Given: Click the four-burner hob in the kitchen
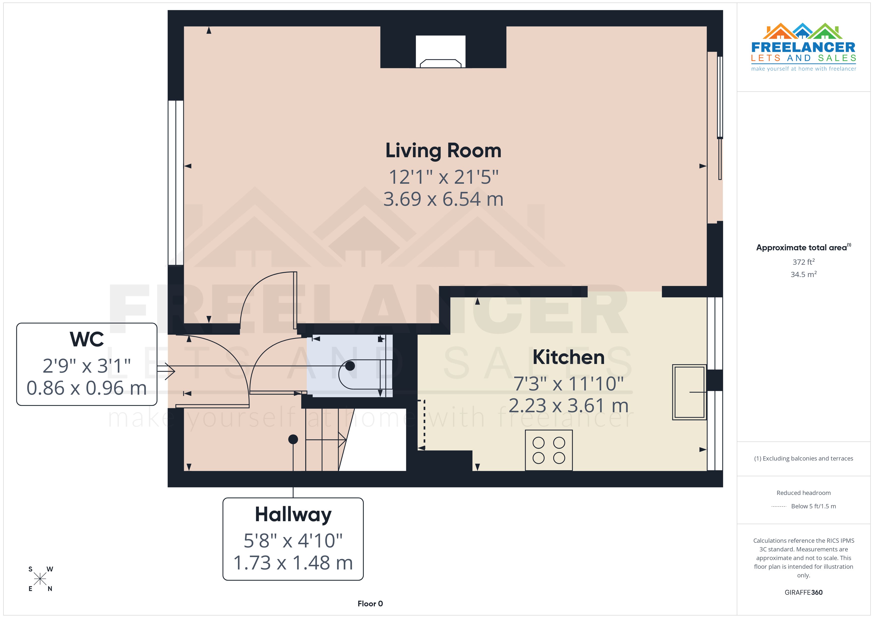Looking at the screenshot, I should point(548,450).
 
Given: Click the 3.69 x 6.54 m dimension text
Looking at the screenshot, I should point(443,199).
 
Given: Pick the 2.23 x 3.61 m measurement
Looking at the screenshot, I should point(568,406).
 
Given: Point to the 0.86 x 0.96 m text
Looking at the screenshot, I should point(87,388).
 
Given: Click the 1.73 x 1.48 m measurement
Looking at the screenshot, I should point(293,563).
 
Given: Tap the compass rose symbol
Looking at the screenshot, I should point(40,579).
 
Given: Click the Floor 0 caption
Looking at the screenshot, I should point(370,604).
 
